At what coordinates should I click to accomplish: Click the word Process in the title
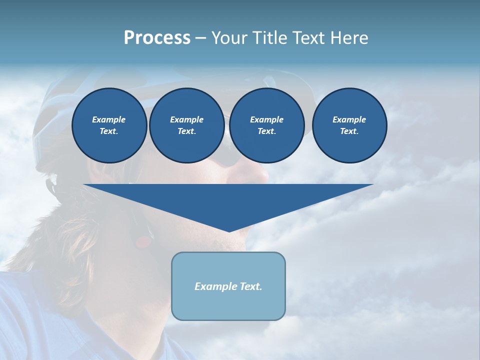pyautogui.click(x=157, y=38)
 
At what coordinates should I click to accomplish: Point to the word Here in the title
pyautogui.click(x=350, y=38)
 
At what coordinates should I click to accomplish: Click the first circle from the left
pyautogui.click(x=109, y=125)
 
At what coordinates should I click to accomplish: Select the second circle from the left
pyautogui.click(x=186, y=125)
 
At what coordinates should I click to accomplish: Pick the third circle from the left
pyautogui.click(x=266, y=125)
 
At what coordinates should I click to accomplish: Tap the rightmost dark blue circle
pyautogui.click(x=349, y=125)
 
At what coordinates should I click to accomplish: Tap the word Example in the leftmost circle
pyautogui.click(x=109, y=119)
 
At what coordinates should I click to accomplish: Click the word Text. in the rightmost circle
pyautogui.click(x=349, y=131)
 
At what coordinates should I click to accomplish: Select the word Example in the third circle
pyautogui.click(x=266, y=119)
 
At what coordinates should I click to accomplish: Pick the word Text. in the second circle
pyautogui.click(x=186, y=131)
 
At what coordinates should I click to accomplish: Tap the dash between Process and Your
pyautogui.click(x=200, y=38)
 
